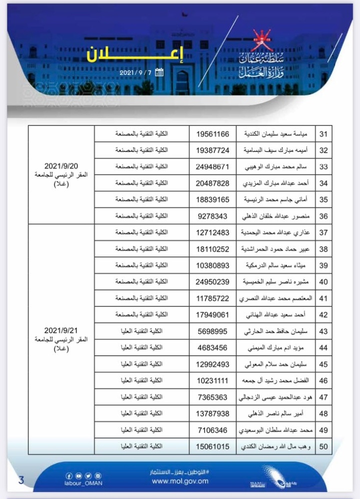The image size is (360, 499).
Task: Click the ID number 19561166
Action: click(212, 134)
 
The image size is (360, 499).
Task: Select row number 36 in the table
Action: click(323, 216)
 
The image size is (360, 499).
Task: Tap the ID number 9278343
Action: click(212, 216)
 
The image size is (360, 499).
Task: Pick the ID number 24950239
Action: click(212, 282)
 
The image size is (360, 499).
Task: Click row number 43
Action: click(323, 331)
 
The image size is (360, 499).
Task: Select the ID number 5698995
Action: click(212, 331)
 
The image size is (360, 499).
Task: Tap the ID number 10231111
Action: click(212, 380)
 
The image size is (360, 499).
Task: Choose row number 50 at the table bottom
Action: click(323, 446)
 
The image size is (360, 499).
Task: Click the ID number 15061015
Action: click(212, 446)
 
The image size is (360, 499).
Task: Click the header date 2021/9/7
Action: click(135, 72)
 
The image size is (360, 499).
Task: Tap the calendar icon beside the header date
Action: click(159, 72)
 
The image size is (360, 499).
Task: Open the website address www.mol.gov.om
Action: click(179, 481)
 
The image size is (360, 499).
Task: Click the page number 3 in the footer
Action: click(21, 481)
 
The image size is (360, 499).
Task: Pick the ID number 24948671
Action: click(212, 166)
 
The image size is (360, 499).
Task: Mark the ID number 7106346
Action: click(212, 430)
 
